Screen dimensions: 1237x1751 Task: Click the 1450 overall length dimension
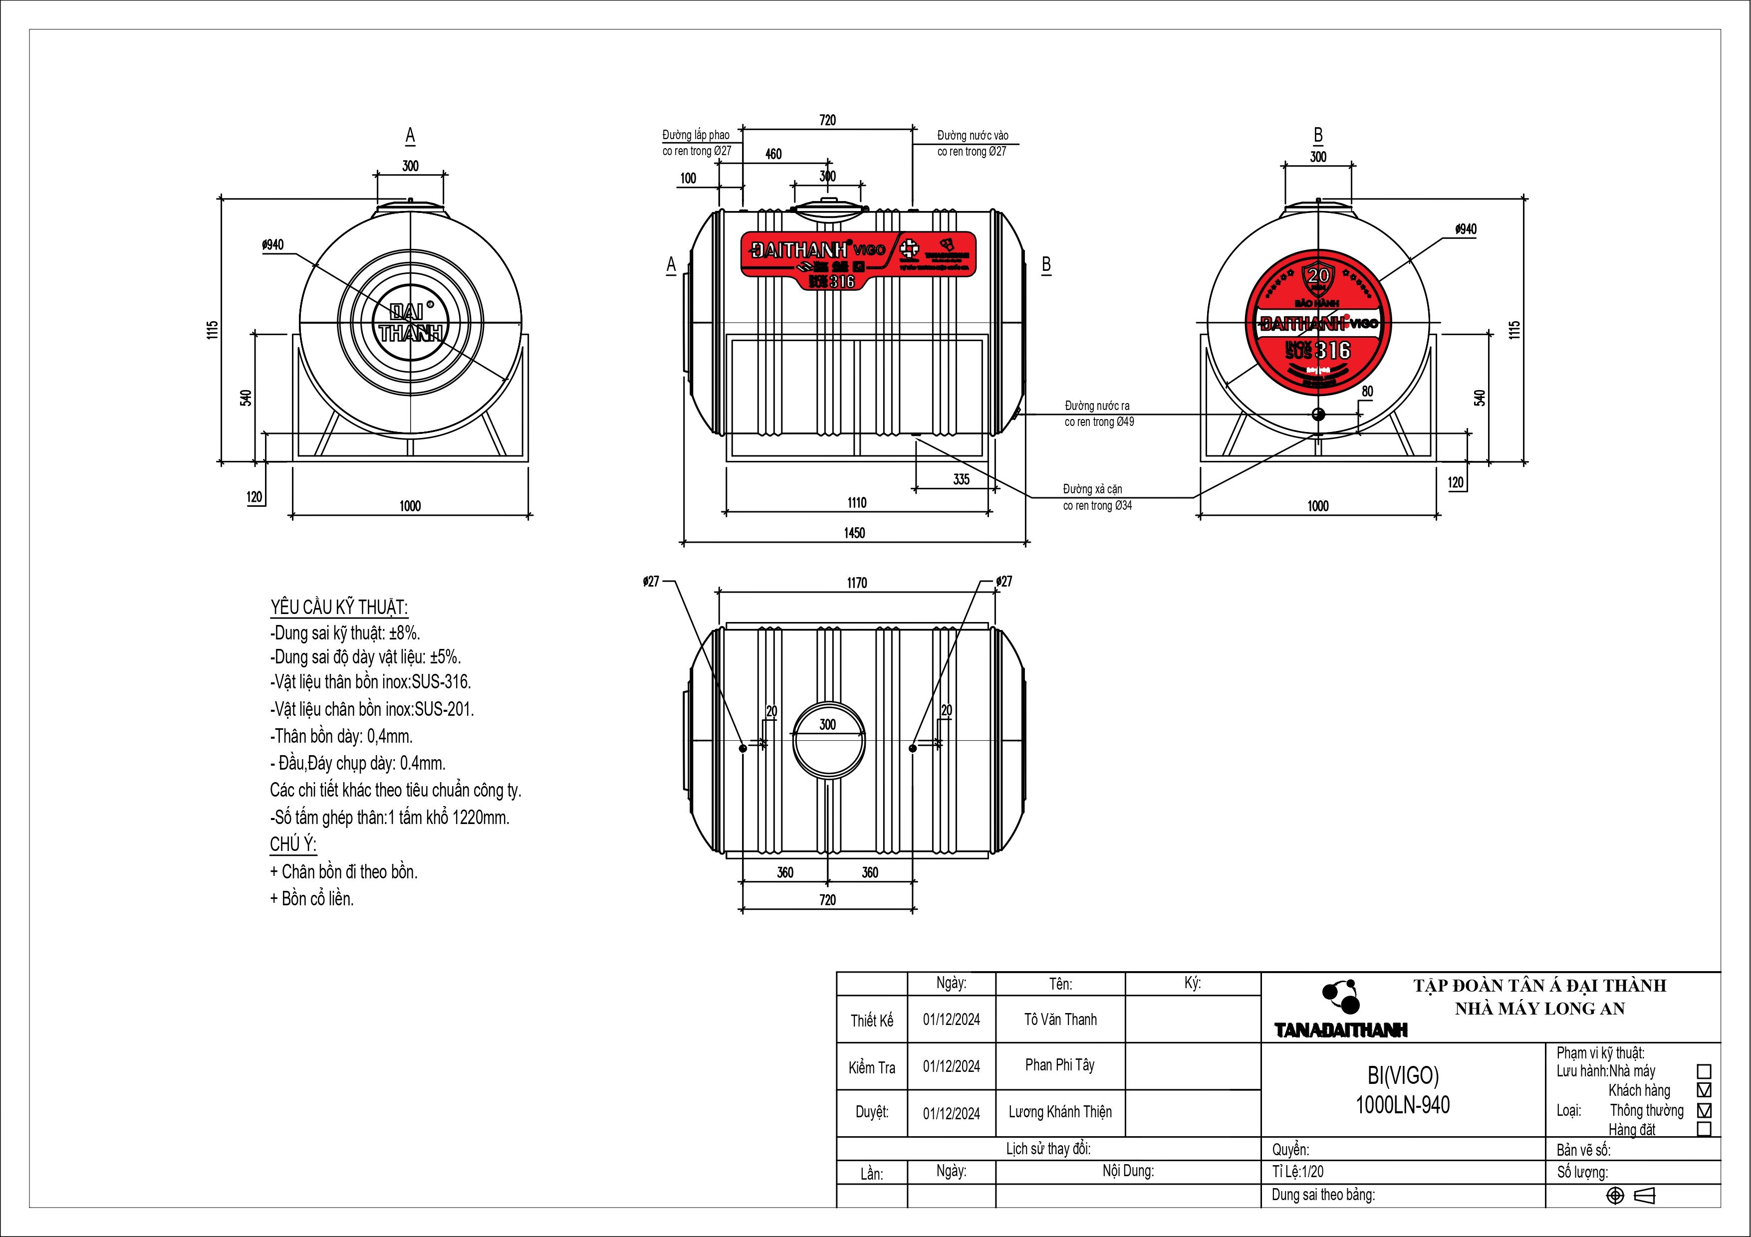click(x=854, y=533)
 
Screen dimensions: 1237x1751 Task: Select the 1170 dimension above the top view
click(x=856, y=583)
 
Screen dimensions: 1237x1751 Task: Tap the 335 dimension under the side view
click(x=961, y=479)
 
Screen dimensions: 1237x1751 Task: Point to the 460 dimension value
click(x=773, y=154)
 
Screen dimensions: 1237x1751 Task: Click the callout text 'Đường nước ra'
click(x=1097, y=406)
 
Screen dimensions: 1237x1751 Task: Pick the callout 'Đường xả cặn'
click(x=1092, y=489)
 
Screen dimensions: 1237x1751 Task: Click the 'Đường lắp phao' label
click(x=696, y=135)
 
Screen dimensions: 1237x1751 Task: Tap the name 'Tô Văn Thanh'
click(x=1060, y=1020)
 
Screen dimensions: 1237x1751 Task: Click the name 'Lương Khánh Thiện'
click(x=1060, y=1112)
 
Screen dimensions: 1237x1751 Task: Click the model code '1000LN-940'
click(x=1403, y=1105)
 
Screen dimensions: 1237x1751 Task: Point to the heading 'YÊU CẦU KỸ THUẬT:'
click(x=339, y=608)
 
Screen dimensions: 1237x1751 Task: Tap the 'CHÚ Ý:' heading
click(x=293, y=844)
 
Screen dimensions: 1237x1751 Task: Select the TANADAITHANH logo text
click(x=1341, y=1031)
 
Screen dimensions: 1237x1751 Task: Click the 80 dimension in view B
click(x=1367, y=392)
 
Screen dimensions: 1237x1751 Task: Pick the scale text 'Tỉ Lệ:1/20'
click(x=1298, y=1172)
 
